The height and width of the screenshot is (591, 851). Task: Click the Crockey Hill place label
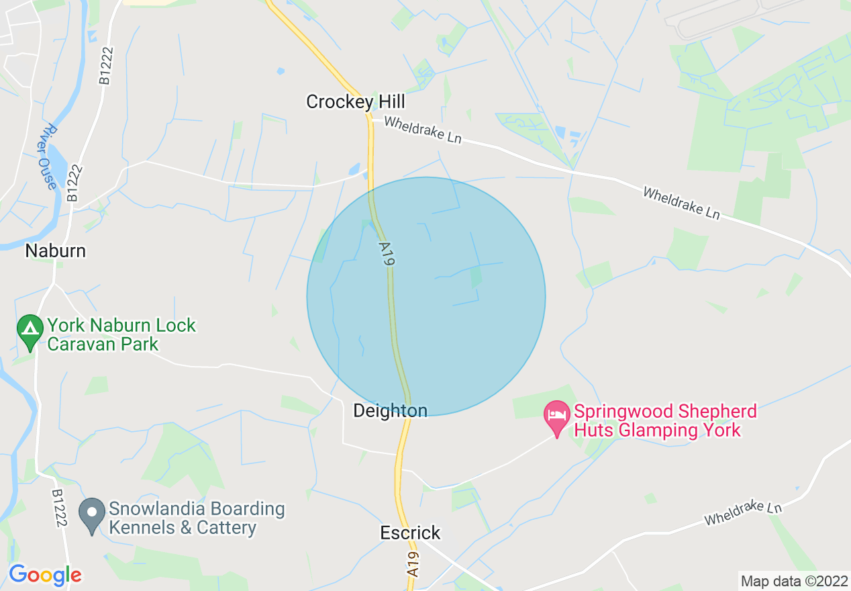[x=356, y=102]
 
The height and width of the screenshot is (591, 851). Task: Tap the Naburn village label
[x=56, y=251]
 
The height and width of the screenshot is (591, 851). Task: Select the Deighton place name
[x=390, y=410]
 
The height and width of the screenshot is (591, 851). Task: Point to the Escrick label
[x=410, y=533]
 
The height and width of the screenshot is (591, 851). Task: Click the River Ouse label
[x=48, y=156]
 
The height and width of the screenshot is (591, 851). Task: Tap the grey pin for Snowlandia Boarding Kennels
[x=91, y=514]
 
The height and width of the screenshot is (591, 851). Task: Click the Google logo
[x=45, y=575]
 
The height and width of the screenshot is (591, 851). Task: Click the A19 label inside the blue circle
[x=385, y=257]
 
